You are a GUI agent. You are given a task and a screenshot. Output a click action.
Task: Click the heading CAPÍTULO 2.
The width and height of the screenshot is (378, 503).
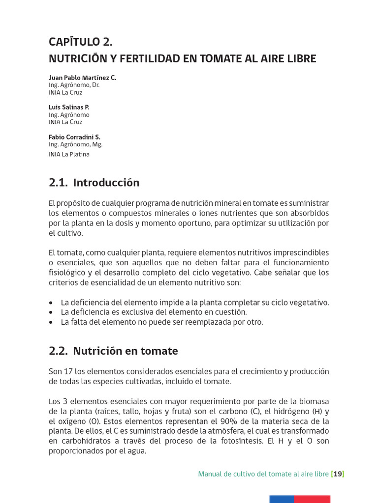point(84,41)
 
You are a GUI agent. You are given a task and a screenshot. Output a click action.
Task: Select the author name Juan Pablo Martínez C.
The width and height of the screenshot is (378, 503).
point(82,78)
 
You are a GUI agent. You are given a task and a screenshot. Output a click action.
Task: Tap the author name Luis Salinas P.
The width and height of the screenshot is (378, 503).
point(69,107)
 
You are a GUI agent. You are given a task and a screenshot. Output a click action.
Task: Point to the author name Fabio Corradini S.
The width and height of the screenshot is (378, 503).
point(74,137)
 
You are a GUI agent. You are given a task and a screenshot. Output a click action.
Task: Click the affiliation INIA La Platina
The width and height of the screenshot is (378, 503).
point(69,154)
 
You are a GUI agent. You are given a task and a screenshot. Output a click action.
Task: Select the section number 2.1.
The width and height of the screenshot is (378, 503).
point(58,183)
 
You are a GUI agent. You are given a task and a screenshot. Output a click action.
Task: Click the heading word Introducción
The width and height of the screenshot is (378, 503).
point(106,183)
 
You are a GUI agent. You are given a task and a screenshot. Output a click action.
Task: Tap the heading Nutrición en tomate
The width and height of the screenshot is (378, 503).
point(125,351)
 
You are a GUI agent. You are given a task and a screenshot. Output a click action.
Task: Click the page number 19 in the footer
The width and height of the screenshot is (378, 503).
point(338,474)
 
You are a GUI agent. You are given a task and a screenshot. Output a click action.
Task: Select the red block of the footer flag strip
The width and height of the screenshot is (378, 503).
point(312,499)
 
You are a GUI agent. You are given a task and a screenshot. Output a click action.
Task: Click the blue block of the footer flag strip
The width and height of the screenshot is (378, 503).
point(282,499)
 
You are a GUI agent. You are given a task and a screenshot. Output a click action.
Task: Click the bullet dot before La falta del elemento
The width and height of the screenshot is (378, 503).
point(52,323)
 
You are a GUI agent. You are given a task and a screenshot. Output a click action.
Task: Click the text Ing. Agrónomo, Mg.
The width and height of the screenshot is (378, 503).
point(75,144)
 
